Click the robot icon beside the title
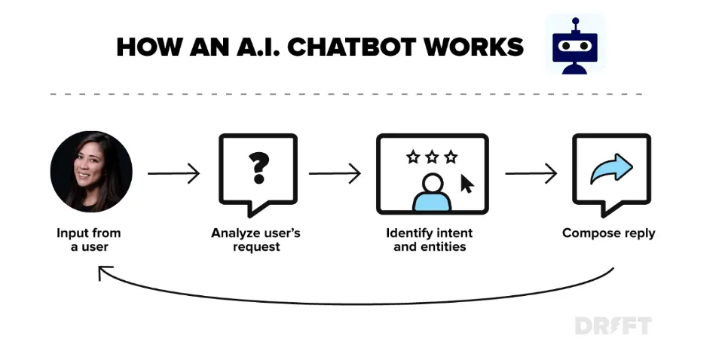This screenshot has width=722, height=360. tap(575, 45)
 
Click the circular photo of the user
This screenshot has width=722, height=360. tap(91, 172)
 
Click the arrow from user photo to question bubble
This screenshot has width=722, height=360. tap(173, 174)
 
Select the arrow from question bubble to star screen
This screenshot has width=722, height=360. tap(335, 174)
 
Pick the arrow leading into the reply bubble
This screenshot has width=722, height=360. tap(531, 174)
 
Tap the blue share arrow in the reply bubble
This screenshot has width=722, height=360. tap(611, 169)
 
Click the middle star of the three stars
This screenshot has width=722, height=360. tap(432, 157)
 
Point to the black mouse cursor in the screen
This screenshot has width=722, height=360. tap(467, 184)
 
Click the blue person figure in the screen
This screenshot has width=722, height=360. tap(432, 193)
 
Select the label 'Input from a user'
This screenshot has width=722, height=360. tap(89, 239)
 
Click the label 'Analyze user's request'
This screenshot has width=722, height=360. tap(256, 239)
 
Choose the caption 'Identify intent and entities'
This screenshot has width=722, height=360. tap(430, 239)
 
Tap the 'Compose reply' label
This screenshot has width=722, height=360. tap(609, 233)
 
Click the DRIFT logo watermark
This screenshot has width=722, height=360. tap(612, 325)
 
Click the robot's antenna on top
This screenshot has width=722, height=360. tap(575, 22)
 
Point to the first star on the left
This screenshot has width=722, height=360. tap(413, 157)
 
